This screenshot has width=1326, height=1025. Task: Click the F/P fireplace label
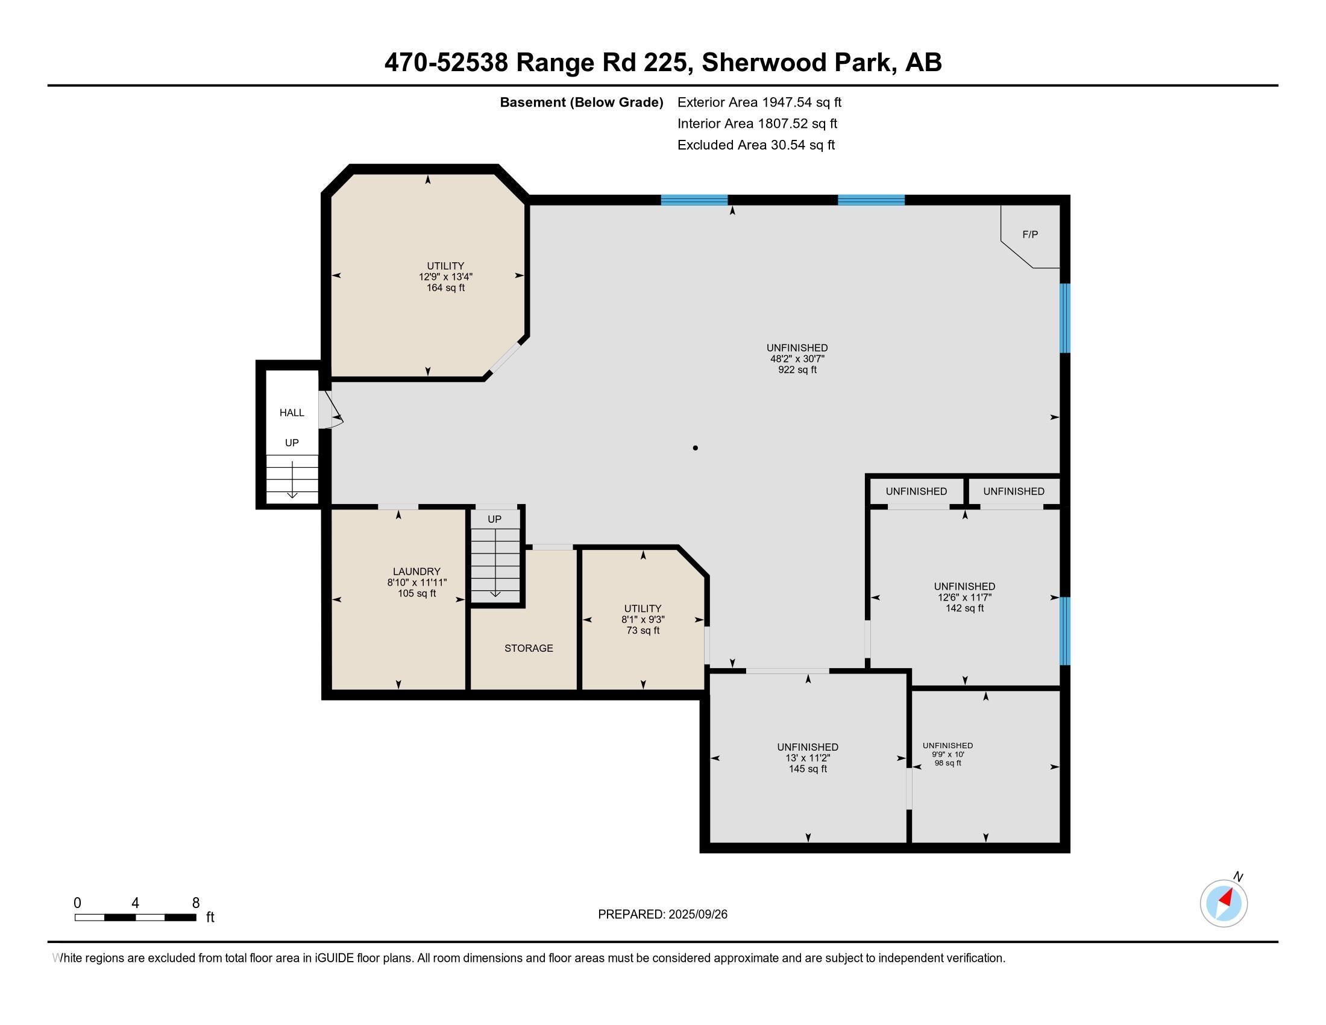1029,235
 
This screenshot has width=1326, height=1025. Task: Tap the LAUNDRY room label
416,572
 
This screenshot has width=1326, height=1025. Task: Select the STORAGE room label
529,648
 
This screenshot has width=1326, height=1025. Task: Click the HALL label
292,413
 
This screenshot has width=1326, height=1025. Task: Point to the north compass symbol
1224,903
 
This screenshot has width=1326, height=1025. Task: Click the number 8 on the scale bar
195,903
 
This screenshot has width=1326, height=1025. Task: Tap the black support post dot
695,448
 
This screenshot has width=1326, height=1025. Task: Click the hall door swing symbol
331,409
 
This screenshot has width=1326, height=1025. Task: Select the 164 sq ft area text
445,288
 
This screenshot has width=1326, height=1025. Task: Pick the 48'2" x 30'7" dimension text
797,359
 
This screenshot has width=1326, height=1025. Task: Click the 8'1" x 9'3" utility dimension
643,619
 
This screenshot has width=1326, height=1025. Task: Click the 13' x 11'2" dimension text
808,758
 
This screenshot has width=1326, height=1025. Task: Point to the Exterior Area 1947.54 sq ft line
759,102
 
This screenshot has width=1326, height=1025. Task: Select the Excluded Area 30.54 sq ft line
756,145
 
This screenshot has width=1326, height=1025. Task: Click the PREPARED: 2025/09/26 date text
662,915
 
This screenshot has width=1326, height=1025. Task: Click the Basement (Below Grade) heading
581,102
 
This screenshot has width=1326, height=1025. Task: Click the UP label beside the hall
292,443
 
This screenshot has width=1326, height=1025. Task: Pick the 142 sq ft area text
964,608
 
